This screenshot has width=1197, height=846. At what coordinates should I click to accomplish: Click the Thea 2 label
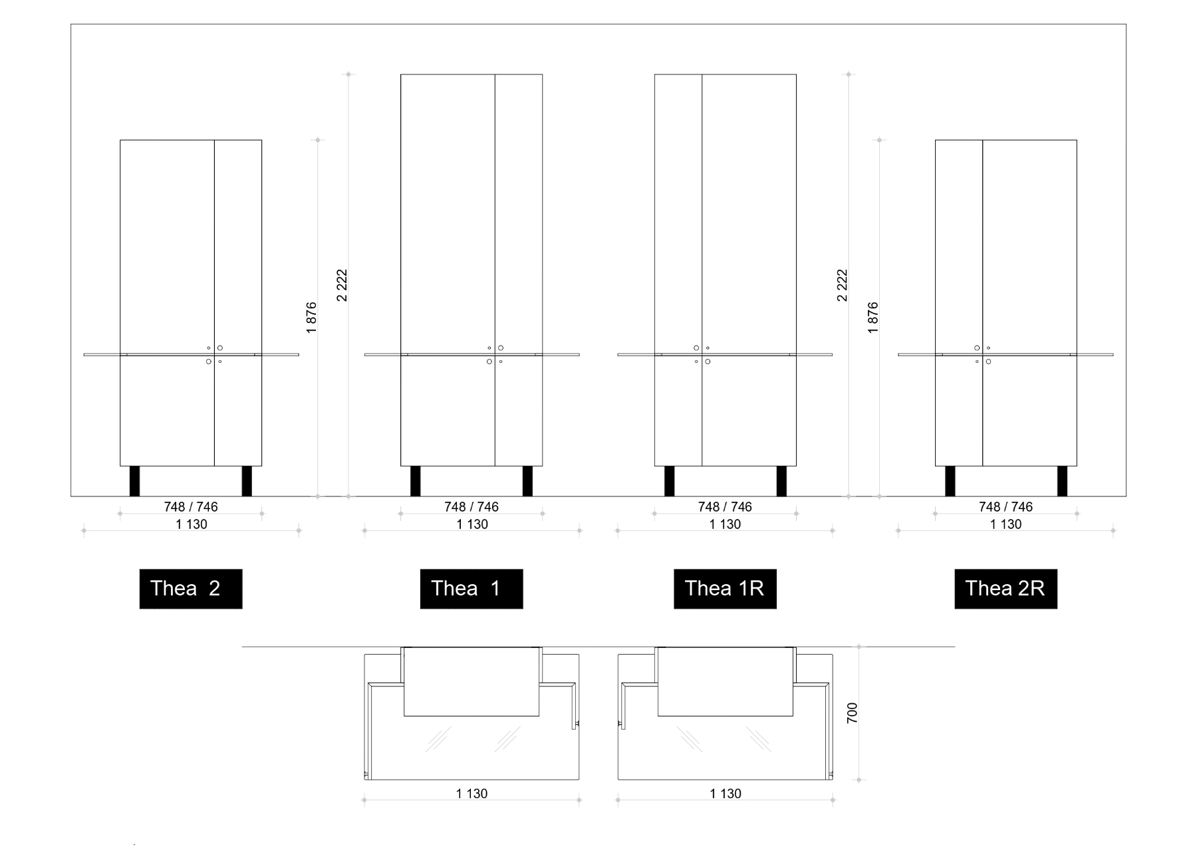[191, 589]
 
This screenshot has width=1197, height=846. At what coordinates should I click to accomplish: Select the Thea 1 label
[471, 589]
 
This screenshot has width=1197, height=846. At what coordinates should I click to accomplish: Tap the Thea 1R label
[725, 589]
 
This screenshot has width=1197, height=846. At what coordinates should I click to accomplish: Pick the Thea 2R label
[1005, 589]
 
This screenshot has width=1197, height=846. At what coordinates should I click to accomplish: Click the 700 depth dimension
[852, 713]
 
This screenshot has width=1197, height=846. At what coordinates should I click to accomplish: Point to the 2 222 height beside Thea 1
[342, 285]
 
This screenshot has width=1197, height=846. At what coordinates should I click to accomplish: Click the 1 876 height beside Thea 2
[311, 318]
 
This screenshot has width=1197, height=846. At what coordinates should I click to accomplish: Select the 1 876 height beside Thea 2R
[873, 318]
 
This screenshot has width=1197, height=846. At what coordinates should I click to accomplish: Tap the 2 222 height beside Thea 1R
[842, 285]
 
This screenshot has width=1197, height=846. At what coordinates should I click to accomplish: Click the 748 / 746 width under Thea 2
[191, 507]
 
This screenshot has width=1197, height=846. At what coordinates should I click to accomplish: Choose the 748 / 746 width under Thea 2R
[1005, 507]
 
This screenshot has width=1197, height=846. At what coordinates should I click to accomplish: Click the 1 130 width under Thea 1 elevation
[472, 524]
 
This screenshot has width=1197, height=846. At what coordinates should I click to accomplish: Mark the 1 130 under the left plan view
[472, 793]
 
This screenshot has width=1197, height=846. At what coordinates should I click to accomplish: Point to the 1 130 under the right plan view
[726, 793]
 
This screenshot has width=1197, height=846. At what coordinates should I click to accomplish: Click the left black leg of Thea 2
[135, 481]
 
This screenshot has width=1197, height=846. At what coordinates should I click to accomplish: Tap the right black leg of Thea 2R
[1062, 481]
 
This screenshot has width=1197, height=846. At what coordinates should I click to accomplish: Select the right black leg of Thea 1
[527, 481]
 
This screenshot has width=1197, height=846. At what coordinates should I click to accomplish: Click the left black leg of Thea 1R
[670, 481]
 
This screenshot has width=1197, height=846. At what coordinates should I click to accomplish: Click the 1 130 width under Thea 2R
[1005, 524]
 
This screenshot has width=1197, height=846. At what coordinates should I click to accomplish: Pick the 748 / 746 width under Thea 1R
[725, 507]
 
